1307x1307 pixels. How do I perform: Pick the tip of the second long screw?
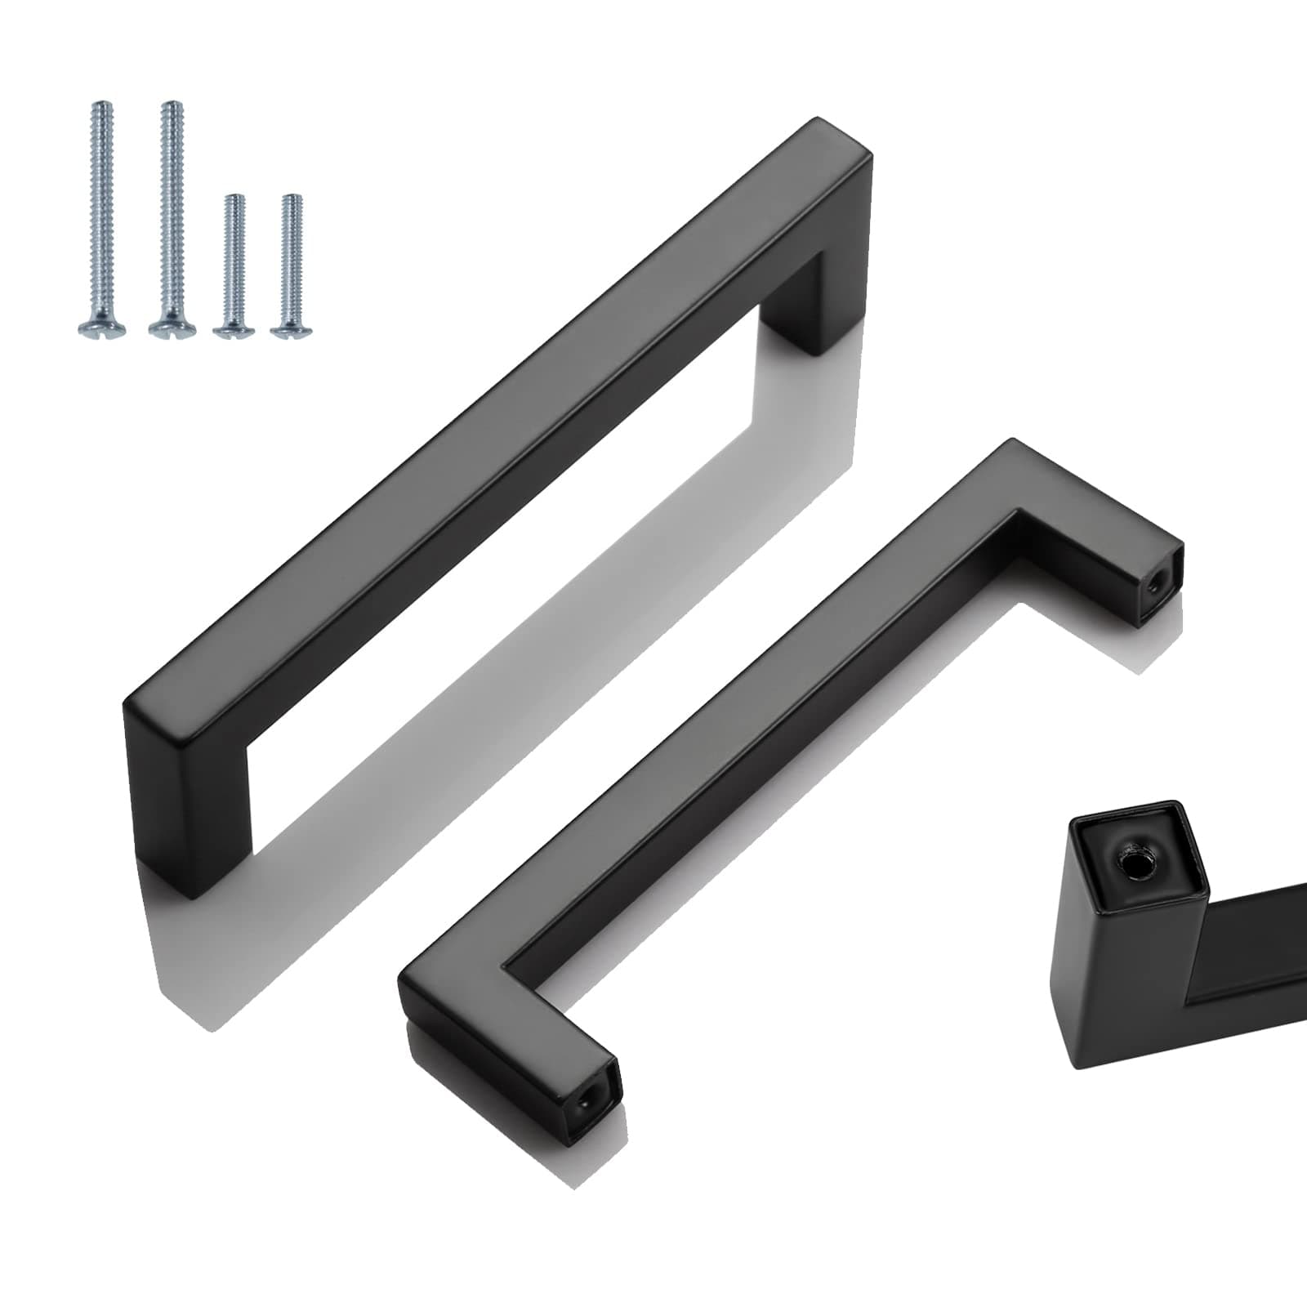[x=172, y=105]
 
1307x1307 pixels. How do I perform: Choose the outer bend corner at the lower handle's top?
[x=1013, y=445]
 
